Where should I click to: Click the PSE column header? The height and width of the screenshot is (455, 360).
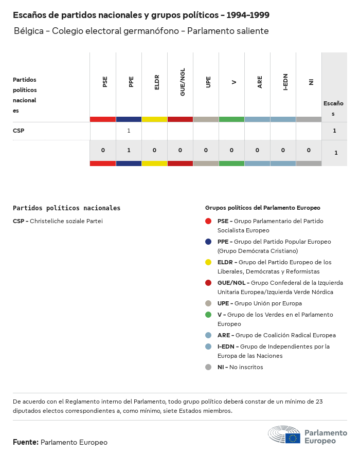(105, 82)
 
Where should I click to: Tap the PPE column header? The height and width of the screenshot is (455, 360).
(131, 82)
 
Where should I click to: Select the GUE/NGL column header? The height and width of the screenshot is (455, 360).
(183, 82)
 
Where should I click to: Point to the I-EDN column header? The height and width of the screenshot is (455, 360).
(285, 82)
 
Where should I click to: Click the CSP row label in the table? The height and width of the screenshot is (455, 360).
(19, 131)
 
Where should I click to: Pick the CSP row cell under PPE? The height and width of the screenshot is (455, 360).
(129, 131)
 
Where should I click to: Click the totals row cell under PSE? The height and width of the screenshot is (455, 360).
(103, 150)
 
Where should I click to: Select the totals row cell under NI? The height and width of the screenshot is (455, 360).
(309, 150)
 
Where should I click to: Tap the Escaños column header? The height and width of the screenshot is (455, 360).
(333, 108)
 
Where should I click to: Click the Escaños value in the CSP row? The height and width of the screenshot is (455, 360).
(334, 131)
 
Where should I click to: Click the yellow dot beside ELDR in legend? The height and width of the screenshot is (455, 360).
(208, 262)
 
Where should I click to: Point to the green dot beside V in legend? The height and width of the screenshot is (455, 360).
(208, 315)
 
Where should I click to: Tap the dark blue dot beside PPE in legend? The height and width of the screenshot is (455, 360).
(208, 242)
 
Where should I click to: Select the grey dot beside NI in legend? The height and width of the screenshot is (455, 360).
(208, 367)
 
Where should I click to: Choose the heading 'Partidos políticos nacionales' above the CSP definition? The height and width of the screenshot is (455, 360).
(66, 208)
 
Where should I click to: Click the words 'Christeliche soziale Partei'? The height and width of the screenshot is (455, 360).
(66, 221)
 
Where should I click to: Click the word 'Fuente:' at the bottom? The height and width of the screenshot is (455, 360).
(26, 442)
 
